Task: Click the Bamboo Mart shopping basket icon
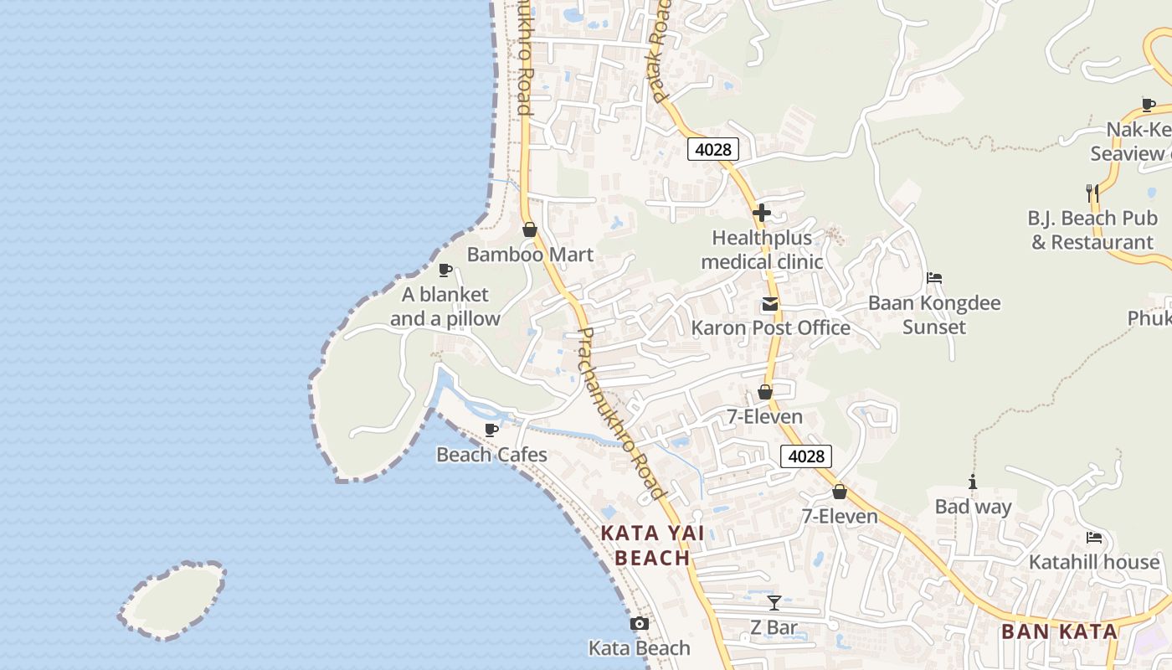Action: click(529, 229)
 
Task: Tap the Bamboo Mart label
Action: click(529, 255)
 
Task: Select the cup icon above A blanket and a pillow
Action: click(445, 270)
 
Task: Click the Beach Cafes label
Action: click(491, 455)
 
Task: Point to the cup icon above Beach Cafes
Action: click(491, 430)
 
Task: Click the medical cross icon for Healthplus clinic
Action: click(761, 213)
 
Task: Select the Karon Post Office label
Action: click(770, 327)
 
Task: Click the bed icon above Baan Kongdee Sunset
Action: click(934, 278)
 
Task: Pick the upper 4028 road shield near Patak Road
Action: click(713, 150)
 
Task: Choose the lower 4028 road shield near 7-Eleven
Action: click(806, 456)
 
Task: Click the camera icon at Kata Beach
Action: click(639, 624)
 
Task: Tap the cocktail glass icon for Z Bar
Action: click(774, 602)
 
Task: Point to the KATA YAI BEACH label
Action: click(652, 545)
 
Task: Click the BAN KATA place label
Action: click(1059, 631)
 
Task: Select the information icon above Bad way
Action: click(973, 482)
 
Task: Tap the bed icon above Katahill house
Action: click(1093, 538)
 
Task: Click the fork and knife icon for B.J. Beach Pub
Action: click(1092, 193)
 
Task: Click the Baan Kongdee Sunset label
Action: click(934, 315)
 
